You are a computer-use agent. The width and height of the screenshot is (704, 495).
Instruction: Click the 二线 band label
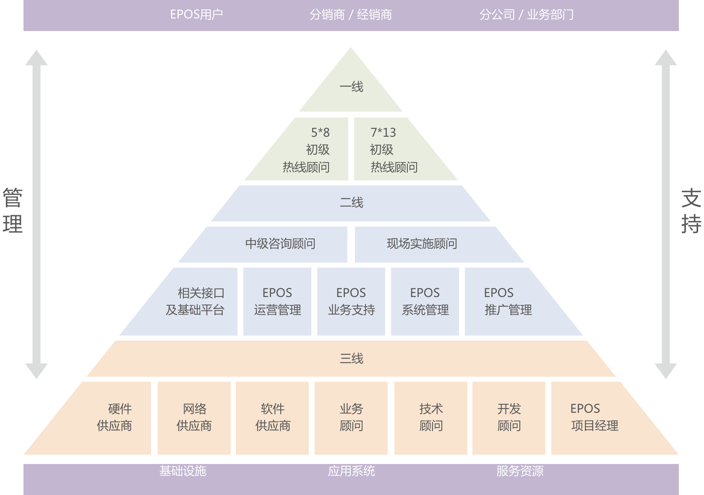351,203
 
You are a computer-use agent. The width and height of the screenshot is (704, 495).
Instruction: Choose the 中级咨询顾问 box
280,244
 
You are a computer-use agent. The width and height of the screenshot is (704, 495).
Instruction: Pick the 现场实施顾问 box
422,244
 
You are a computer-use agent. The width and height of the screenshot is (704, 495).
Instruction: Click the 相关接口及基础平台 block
195,302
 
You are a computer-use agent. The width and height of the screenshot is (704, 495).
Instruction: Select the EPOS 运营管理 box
277,302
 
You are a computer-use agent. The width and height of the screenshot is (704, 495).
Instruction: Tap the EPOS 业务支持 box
351,302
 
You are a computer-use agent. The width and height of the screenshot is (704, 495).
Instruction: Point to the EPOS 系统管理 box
425,302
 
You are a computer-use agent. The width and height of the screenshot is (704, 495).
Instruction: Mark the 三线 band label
351,359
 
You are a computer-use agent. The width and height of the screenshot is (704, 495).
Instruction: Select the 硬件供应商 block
114,418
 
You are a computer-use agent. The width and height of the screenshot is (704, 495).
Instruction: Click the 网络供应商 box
194,418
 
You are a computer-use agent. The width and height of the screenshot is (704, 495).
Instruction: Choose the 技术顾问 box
431,418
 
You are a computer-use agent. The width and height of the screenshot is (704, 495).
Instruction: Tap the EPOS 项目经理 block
594,418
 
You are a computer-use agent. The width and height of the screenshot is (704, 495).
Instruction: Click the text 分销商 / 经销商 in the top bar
351,15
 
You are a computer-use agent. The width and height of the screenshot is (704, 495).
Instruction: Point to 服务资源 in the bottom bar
520,471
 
